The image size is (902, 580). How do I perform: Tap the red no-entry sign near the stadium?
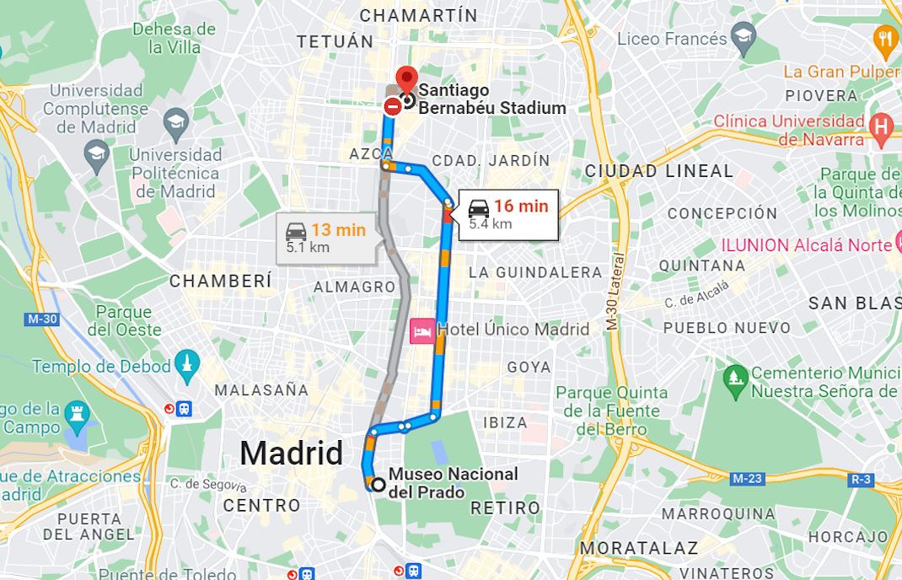(392, 107)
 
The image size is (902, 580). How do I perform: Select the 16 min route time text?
(520, 207)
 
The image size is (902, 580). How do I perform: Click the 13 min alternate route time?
(337, 230)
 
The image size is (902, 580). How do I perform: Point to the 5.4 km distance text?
(490, 224)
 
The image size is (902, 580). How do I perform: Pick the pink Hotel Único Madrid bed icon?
(421, 330)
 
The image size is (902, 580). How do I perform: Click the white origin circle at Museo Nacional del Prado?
(378, 485)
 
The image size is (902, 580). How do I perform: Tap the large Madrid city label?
(291, 454)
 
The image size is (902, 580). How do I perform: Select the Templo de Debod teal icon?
(186, 366)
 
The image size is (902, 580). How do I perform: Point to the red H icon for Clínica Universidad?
(881, 127)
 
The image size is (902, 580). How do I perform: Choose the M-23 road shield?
(747, 479)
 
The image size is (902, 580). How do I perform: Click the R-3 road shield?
(861, 479)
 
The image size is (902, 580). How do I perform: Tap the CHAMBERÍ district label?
(221, 281)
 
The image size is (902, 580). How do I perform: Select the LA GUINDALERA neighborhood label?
(534, 272)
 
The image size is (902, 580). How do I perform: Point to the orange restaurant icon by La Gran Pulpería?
(884, 37)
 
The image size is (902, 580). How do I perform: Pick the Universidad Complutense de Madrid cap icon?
(176, 120)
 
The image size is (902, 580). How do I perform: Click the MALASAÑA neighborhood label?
(261, 390)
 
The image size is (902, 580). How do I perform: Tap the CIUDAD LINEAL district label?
(659, 171)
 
